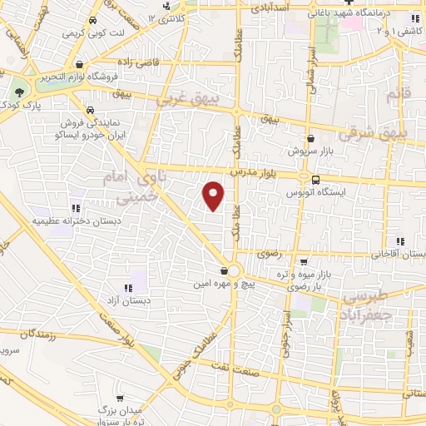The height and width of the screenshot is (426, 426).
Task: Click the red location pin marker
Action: tap(214, 196)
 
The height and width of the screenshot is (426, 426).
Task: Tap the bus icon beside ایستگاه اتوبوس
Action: tap(315, 179)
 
